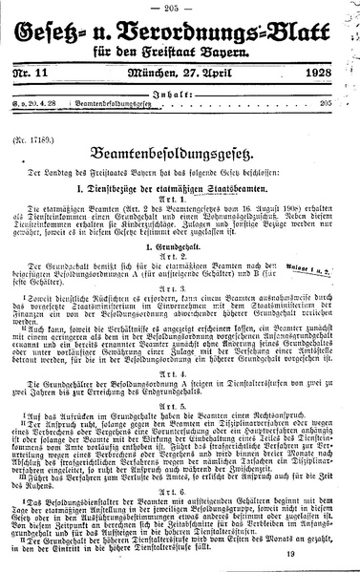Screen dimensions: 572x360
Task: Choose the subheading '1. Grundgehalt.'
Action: point(180,274)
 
